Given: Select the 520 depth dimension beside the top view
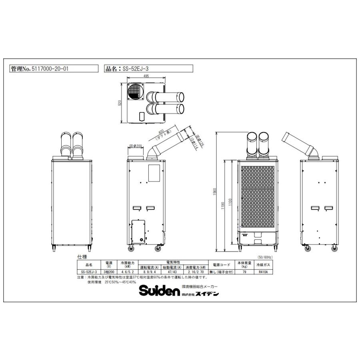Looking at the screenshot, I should [119, 103].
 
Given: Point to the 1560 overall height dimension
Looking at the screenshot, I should [215, 191].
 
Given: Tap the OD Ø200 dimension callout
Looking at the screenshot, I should [136, 146].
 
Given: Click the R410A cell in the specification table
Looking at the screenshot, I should [263, 272].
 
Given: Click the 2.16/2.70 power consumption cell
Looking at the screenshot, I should [197, 272].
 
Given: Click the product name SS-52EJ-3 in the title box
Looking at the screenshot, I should [134, 68].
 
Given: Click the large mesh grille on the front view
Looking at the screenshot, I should [258, 196].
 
